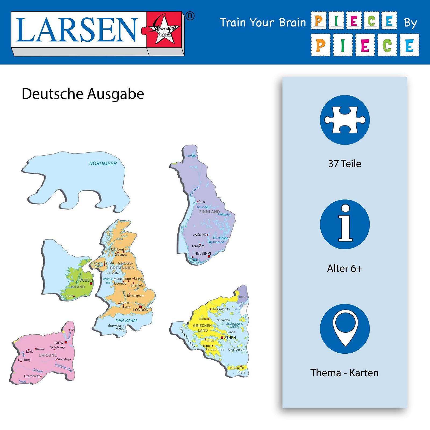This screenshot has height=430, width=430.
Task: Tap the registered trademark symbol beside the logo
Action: (x=190, y=16)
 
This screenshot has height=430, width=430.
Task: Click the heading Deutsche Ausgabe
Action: (x=83, y=94)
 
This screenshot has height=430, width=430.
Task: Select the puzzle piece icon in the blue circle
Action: (x=345, y=120)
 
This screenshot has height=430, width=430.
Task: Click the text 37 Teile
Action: (x=345, y=164)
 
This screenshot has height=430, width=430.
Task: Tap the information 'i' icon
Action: (x=345, y=224)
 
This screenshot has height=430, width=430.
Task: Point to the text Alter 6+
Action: (x=345, y=268)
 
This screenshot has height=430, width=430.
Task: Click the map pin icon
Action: (x=345, y=328)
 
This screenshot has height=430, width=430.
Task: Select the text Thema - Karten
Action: (x=345, y=373)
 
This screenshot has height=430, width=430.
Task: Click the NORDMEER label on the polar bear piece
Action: (x=103, y=163)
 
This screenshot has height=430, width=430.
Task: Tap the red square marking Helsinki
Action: (x=209, y=257)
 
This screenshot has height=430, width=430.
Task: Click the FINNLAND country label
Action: (x=209, y=212)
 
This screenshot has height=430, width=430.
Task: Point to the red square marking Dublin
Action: (x=91, y=284)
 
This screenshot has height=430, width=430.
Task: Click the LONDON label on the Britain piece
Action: (x=141, y=310)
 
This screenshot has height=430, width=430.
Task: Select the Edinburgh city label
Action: (x=118, y=249)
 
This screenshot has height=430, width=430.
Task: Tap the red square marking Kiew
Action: (x=66, y=342)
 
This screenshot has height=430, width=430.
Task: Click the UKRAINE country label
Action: (x=48, y=355)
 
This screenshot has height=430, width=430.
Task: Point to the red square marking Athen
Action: (x=222, y=338)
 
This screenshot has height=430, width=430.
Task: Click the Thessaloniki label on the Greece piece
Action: (x=220, y=309)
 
